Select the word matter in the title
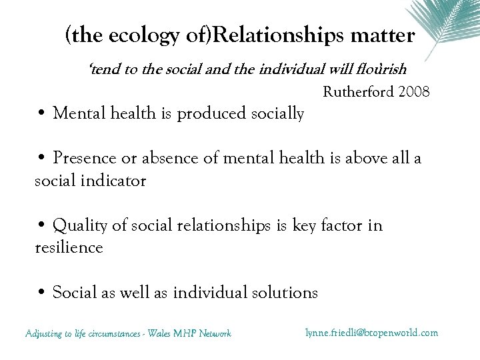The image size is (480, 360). coord(385,35)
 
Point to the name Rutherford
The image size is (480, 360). coord(357,91)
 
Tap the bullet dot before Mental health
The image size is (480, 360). coord(41,113)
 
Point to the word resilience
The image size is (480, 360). coord(69,247)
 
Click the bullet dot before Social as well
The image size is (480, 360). coord(41,292)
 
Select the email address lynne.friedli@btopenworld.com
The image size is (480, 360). coord(371,332)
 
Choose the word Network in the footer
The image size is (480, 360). coord(214,333)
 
